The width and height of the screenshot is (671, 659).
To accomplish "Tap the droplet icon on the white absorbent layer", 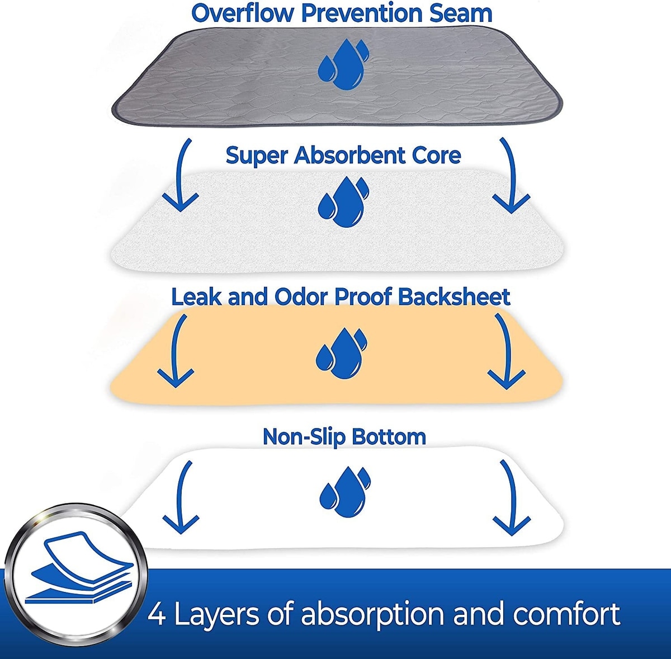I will [343, 201].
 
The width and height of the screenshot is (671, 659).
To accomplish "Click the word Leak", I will [197, 297].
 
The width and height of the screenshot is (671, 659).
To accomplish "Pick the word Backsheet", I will [454, 297].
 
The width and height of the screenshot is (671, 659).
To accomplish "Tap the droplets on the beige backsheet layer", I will [341, 352].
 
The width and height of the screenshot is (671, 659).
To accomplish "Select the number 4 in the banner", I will [157, 615].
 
